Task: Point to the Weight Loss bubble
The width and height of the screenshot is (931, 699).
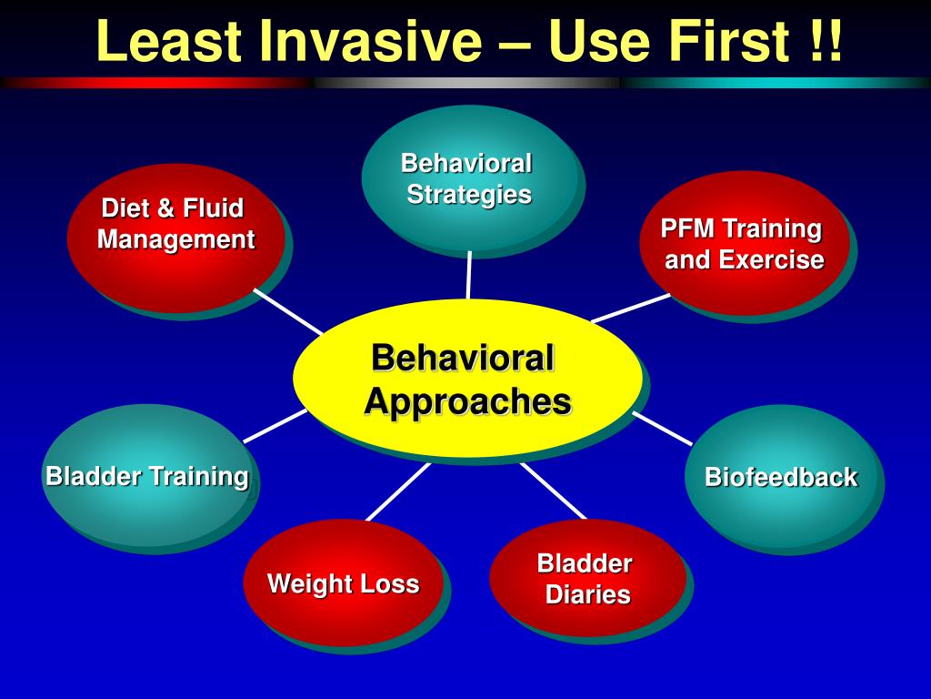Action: pyautogui.click(x=343, y=583)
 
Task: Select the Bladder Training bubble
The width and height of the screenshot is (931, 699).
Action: pyautogui.click(x=147, y=475)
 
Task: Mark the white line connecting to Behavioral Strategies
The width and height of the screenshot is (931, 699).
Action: pyautogui.click(x=469, y=275)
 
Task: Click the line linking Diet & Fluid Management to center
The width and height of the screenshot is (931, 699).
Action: pyautogui.click(x=287, y=311)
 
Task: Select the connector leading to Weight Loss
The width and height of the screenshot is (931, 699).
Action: pyautogui.click(x=397, y=491)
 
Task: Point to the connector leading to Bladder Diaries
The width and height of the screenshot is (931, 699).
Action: pyautogui.click(x=553, y=491)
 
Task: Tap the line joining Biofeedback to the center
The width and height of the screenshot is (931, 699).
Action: pyautogui.click(x=663, y=427)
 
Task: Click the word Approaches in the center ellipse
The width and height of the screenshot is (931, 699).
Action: pyautogui.click(x=467, y=401)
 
